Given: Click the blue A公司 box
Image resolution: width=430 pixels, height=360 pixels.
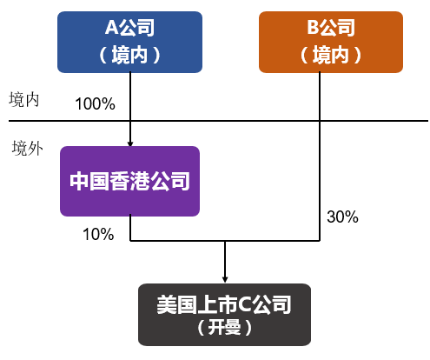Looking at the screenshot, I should (129, 41).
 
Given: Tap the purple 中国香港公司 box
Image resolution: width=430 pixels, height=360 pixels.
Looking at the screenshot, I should (129, 182).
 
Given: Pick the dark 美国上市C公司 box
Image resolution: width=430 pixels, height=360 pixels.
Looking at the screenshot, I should (225, 315).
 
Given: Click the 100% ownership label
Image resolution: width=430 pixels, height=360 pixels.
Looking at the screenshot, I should (96, 104).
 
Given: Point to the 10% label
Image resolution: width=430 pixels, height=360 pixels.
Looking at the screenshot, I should (97, 234).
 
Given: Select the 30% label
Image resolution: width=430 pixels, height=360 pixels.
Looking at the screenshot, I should (342, 217).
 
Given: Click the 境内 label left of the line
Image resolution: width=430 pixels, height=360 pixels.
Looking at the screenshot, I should (24, 98).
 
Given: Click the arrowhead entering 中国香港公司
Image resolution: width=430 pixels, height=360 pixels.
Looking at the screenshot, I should (129, 143).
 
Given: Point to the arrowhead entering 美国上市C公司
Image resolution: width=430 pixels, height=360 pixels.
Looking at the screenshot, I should (225, 279).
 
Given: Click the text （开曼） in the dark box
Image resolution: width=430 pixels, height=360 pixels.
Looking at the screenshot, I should (225, 328).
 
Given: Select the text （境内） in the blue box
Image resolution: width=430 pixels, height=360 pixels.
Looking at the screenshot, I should (129, 55).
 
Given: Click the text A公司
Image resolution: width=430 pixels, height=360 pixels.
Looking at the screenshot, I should (129, 28).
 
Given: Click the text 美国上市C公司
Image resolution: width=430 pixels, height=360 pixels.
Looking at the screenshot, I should (225, 305).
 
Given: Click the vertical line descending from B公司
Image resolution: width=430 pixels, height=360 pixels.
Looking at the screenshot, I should (321, 174).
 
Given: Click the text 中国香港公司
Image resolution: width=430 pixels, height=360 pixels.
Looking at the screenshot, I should (129, 182).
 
